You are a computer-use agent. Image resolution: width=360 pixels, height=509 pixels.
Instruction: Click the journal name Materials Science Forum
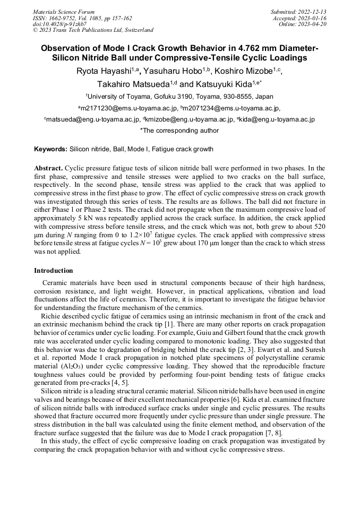pyautogui.click(x=64, y=11)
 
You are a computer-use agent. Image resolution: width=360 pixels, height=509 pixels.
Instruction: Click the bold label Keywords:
pyautogui.click(x=51, y=149)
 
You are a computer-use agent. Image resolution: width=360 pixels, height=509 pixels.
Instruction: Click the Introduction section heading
pyautogui.click(x=53, y=271)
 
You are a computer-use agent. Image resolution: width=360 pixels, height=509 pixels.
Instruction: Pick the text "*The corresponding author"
pyautogui.click(x=179, y=130)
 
